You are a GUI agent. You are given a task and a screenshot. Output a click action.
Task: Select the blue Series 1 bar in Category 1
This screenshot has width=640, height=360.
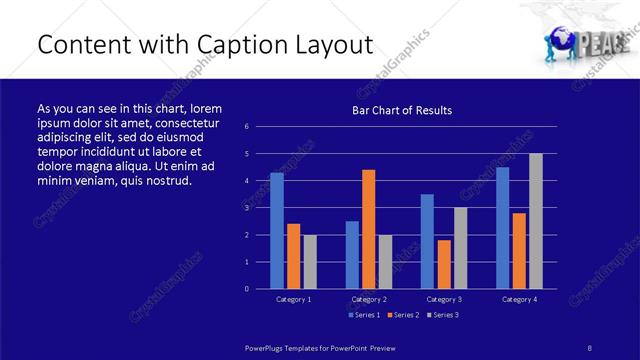pos(277,230)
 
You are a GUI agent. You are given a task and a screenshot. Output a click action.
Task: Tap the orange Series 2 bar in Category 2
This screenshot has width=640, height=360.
pos(368,229)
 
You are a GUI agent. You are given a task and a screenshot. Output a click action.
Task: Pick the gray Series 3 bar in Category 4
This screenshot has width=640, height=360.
pos(535,221)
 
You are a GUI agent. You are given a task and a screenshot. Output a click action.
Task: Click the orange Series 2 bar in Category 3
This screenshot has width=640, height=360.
pos(444,264)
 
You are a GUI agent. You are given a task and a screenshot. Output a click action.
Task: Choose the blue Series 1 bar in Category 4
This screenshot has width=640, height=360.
pos(502,227)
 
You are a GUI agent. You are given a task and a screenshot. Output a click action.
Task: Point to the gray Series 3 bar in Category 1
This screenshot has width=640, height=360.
pos(310,261)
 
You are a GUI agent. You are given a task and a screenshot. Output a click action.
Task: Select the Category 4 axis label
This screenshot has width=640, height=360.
pos(518,299)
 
